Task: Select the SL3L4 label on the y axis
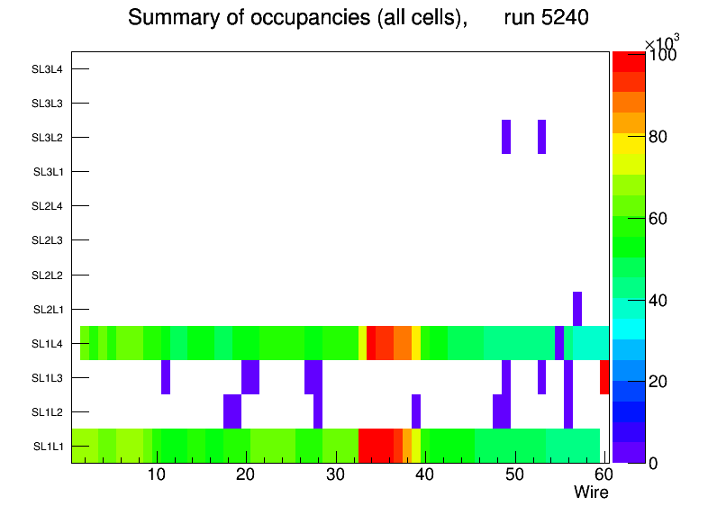click(x=47, y=69)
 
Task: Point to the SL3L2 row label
click(x=47, y=138)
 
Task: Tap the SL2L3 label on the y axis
click(x=47, y=240)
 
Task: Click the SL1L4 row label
click(x=47, y=343)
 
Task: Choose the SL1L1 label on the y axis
click(x=47, y=447)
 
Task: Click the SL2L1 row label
click(x=47, y=309)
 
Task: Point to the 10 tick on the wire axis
click(x=157, y=474)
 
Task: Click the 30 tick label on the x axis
click(x=335, y=474)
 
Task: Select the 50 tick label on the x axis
click(x=513, y=474)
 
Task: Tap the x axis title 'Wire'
click(x=591, y=492)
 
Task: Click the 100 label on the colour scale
click(x=663, y=56)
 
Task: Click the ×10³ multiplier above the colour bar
click(x=662, y=41)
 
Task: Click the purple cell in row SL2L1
click(x=577, y=309)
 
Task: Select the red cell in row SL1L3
click(x=604, y=377)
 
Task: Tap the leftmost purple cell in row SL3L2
click(x=506, y=137)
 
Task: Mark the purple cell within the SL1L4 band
click(x=559, y=343)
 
